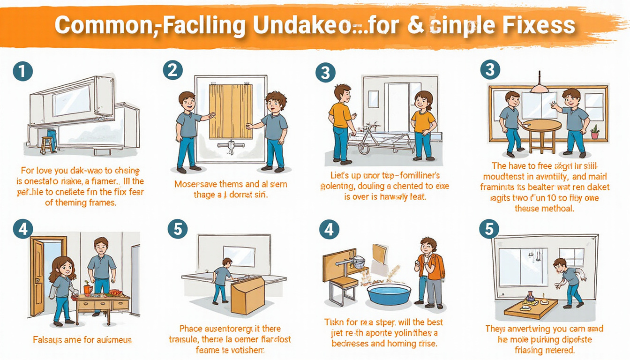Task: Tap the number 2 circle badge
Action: pyautogui.click(x=172, y=71)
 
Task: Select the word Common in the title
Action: pyautogui.click(x=99, y=26)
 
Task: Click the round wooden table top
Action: pyautogui.click(x=541, y=125)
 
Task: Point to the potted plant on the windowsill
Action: pyautogui.click(x=595, y=132)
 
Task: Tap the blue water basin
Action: pyautogui.click(x=389, y=294)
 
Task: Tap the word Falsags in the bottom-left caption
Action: pyautogui.click(x=48, y=338)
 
